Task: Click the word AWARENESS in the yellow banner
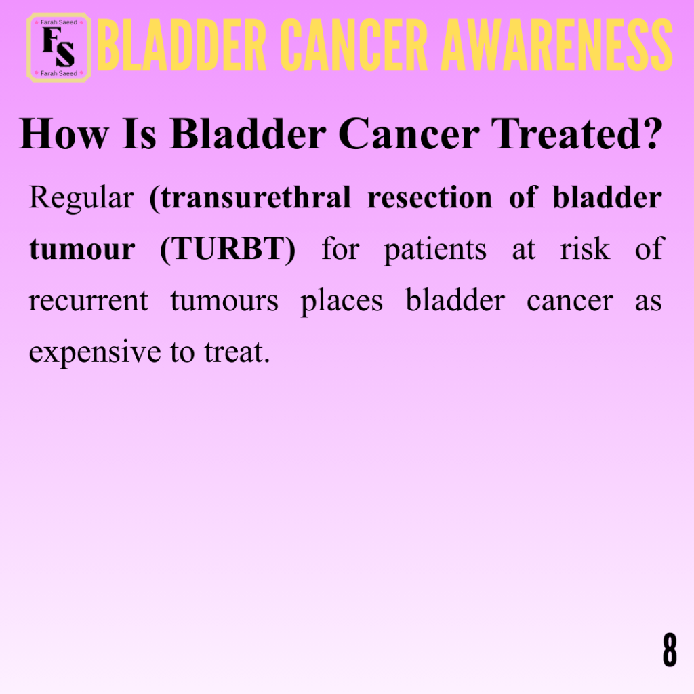click(x=557, y=45)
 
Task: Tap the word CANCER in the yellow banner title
click(x=354, y=45)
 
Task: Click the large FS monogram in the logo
click(x=58, y=47)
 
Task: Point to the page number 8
click(x=670, y=649)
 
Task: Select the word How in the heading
click(x=64, y=134)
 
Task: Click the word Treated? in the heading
click(x=577, y=134)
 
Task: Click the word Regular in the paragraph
click(x=81, y=198)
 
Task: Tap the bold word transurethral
click(x=251, y=197)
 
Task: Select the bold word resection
click(x=430, y=197)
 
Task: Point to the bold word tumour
click(x=82, y=249)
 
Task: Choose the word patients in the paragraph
click(x=435, y=250)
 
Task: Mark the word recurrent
click(x=89, y=301)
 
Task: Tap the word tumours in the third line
click(x=224, y=301)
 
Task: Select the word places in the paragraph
click(x=342, y=302)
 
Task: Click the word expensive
click(x=95, y=352)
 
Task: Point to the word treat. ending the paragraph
click(x=237, y=352)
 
